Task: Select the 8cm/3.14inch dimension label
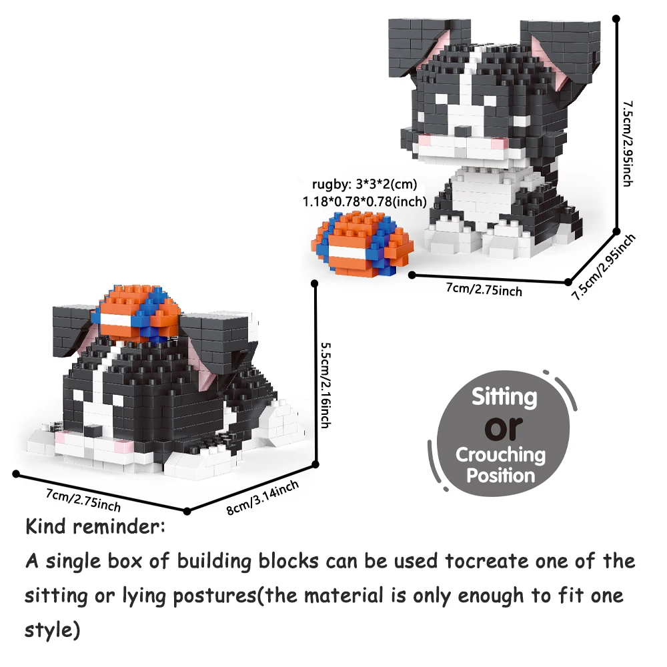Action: click(x=262, y=498)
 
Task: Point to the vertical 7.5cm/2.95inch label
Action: click(x=628, y=144)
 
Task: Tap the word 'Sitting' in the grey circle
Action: click(x=504, y=397)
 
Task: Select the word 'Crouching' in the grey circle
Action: click(x=500, y=455)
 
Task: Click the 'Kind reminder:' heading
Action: click(x=95, y=527)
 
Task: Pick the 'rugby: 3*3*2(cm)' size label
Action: click(x=365, y=184)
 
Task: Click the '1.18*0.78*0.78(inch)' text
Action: click(x=365, y=201)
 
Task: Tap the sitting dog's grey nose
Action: click(x=461, y=131)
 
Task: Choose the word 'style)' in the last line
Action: click(x=52, y=630)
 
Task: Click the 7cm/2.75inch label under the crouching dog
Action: click(x=83, y=500)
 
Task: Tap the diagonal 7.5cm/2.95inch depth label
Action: click(x=603, y=267)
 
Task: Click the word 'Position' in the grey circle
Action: click(x=501, y=475)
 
